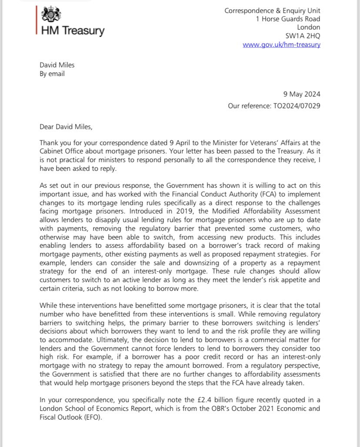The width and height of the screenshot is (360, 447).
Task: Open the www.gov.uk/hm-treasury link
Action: click(281, 45)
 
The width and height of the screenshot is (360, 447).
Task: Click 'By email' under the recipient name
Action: click(52, 73)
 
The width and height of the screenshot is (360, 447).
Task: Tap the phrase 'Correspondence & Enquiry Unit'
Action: click(273, 10)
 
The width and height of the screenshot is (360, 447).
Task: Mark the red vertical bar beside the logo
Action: click(37, 20)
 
